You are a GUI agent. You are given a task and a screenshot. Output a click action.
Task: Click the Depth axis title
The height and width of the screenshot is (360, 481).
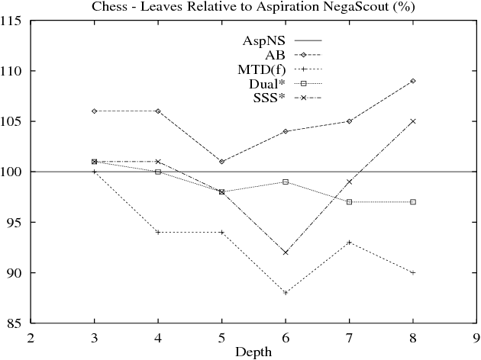[x=254, y=352]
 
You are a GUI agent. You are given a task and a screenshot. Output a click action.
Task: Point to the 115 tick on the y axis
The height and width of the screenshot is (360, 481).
[x=16, y=21]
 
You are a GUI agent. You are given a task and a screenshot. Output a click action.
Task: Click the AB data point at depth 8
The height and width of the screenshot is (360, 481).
[x=413, y=81]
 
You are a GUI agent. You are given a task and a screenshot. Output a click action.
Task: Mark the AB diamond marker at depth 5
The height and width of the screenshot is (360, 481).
[x=221, y=162]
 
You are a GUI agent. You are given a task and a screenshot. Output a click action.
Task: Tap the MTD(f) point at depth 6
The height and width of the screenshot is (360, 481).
[x=286, y=293]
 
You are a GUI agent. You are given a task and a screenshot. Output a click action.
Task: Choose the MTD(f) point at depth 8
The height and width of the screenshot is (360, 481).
[x=413, y=272]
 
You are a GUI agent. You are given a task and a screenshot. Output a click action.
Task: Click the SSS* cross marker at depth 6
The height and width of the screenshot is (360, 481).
[x=286, y=252]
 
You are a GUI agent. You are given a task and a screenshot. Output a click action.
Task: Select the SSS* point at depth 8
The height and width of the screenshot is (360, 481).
[x=413, y=121]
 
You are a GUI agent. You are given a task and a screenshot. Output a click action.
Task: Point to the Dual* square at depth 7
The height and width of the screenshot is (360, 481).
[x=349, y=202]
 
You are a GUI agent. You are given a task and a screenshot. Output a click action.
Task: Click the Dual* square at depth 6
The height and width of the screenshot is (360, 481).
[x=286, y=182]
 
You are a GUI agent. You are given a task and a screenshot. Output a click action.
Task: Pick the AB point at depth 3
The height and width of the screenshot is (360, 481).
[x=94, y=111]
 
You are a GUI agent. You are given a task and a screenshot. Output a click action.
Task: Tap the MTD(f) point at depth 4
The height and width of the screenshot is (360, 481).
[x=158, y=232]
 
